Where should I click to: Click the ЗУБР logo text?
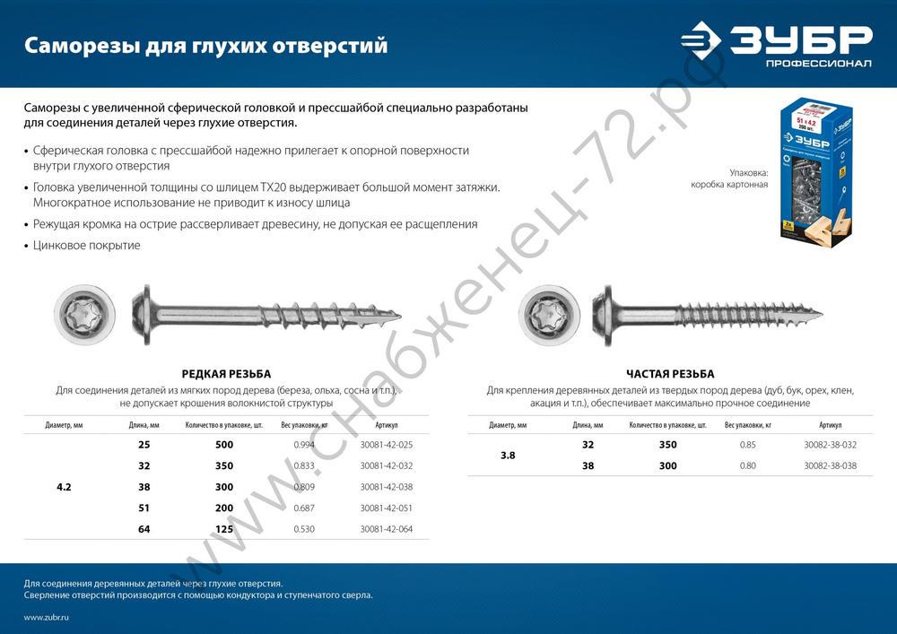[x=800, y=40]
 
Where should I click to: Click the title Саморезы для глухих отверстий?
[x=205, y=45]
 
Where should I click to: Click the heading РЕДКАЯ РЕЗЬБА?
[x=226, y=374]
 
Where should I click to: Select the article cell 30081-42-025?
[x=387, y=445]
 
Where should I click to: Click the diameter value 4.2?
[x=64, y=487]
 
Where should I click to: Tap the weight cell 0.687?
[x=304, y=508]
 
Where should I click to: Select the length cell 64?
[x=144, y=529]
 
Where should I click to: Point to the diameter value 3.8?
[x=508, y=456]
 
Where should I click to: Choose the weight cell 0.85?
[x=747, y=445]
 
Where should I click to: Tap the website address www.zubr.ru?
[x=47, y=618]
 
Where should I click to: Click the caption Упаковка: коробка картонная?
[x=728, y=178]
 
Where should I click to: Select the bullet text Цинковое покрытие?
[x=86, y=245]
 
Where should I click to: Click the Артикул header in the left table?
[x=387, y=425]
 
